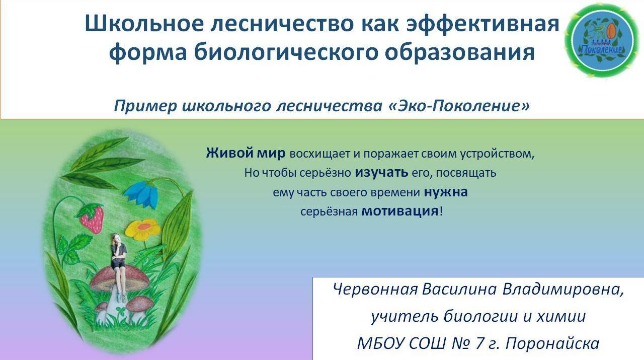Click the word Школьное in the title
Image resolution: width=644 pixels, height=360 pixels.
click(144, 24)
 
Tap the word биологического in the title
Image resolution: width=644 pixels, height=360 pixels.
click(285, 52)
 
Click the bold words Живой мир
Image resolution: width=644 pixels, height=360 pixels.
click(246, 153)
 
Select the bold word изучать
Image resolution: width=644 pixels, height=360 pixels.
click(381, 172)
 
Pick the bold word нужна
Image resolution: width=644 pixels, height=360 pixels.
click(446, 192)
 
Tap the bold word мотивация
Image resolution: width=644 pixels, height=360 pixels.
click(400, 211)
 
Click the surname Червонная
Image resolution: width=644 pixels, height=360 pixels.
click(375, 289)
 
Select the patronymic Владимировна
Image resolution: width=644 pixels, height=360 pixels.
click(563, 290)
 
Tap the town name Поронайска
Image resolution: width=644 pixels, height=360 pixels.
click(552, 343)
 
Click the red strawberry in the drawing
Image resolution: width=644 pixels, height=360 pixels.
click(91, 218)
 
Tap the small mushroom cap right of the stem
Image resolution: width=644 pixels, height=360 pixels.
click(140, 304)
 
